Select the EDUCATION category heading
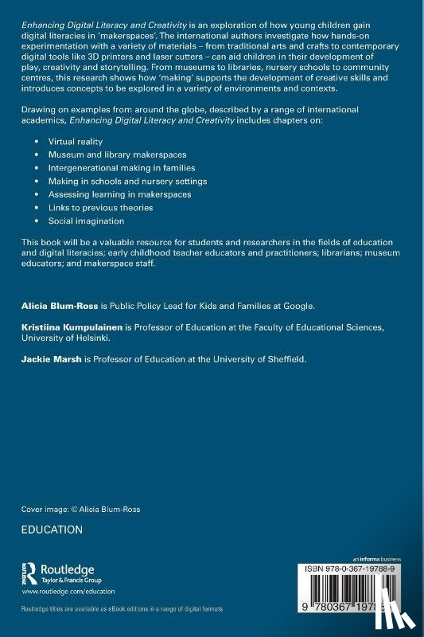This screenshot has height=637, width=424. tap(53, 530)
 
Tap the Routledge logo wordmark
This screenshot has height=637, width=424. tap(68, 570)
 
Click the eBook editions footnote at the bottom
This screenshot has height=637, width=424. tap(122, 608)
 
